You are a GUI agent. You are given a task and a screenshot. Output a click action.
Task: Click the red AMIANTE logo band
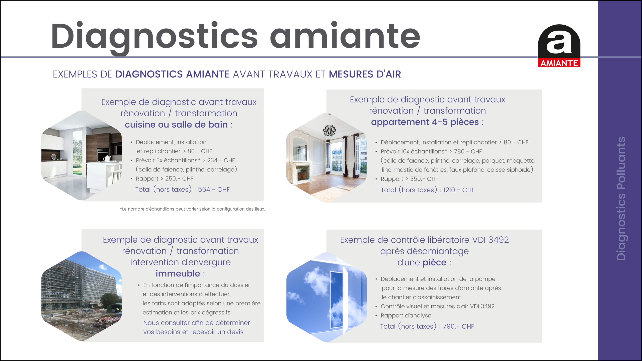pyautogui.click(x=559, y=63)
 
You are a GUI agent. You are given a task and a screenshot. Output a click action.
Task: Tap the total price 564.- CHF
pyautogui.click(x=214, y=190)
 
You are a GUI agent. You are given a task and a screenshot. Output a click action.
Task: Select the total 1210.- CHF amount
pyautogui.click(x=459, y=190)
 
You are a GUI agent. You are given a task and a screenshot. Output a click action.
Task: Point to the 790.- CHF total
pyautogui.click(x=458, y=326)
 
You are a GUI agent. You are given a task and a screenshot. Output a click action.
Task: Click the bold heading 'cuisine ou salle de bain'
pyautogui.click(x=176, y=125)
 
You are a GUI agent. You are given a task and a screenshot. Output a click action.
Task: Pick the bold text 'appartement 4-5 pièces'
pyautogui.click(x=425, y=122)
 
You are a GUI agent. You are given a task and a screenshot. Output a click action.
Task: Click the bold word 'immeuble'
pyautogui.click(x=178, y=274)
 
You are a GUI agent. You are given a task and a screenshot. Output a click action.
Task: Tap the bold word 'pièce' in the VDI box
pyautogui.click(x=434, y=262)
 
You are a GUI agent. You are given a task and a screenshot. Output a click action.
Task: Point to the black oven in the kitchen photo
pyautogui.click(x=103, y=154)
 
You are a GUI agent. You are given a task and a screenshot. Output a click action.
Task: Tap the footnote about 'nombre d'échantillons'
pyautogui.click(x=192, y=209)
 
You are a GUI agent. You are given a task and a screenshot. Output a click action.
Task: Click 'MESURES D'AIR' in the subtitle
pyautogui.click(x=365, y=74)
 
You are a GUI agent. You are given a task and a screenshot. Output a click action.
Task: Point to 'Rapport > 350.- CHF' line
pyautogui.click(x=409, y=179)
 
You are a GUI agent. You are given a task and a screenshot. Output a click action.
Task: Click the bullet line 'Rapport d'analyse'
pyautogui.click(x=406, y=316)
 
